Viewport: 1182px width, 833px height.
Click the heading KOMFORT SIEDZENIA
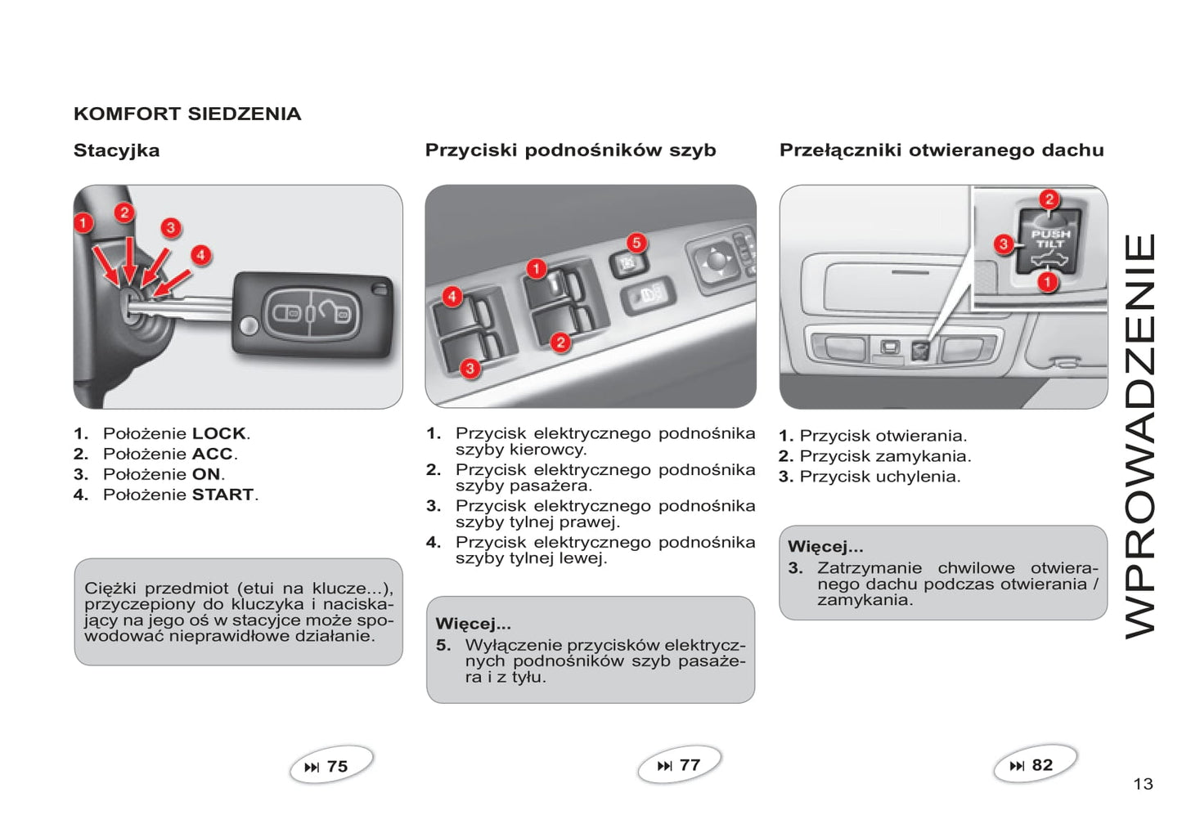click(187, 114)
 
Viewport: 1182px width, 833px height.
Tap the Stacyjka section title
click(116, 150)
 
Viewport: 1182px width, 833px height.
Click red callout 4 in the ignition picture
click(200, 255)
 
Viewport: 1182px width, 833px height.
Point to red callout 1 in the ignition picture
click(83, 222)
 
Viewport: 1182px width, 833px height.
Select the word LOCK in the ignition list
click(219, 434)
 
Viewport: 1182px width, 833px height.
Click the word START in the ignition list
click(222, 495)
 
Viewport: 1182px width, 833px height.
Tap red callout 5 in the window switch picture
click(636, 243)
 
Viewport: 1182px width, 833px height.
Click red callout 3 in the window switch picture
click(470, 369)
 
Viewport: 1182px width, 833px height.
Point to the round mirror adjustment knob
click(716, 260)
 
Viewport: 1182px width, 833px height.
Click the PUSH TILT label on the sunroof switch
click(1049, 239)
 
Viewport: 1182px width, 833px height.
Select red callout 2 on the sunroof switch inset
click(1049, 199)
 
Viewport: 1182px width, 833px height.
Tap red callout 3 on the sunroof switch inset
click(1004, 244)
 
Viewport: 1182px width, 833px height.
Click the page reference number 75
click(337, 767)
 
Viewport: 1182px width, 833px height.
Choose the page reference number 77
click(690, 765)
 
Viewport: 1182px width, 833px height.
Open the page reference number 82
click(1042, 765)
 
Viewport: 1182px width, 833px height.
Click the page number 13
click(1143, 785)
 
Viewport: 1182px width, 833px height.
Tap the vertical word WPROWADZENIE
click(1140, 436)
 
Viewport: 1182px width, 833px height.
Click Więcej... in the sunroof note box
click(825, 547)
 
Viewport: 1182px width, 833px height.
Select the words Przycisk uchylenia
click(879, 477)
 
